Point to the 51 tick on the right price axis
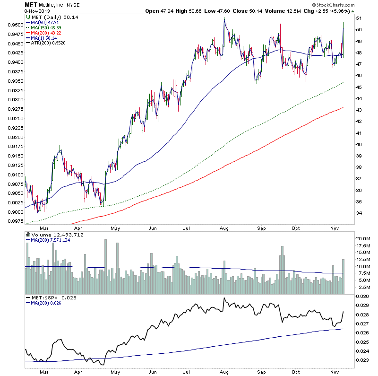[x=359, y=18]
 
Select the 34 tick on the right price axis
[x=359, y=213]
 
